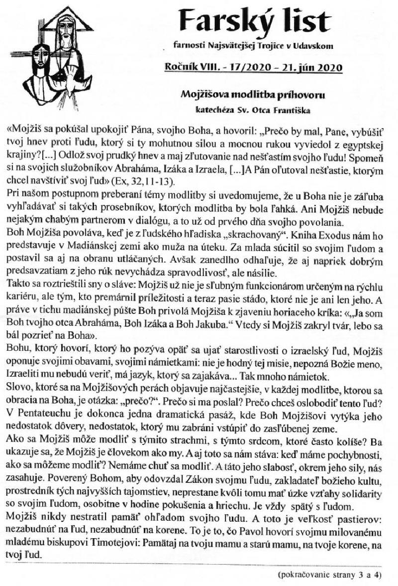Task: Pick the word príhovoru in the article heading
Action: coord(297,94)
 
